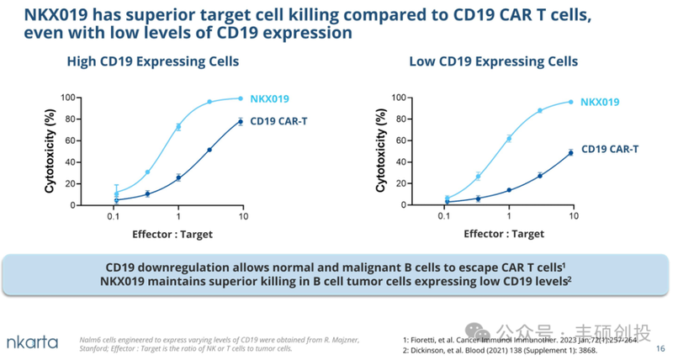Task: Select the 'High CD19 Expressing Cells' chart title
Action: (x=153, y=61)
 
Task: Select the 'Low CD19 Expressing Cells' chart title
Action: (x=493, y=61)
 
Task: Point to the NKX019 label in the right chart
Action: (x=599, y=102)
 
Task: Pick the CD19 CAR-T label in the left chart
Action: (x=278, y=121)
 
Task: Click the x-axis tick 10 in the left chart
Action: (x=242, y=217)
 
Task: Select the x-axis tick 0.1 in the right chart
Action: (x=443, y=217)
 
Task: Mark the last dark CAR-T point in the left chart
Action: (x=241, y=122)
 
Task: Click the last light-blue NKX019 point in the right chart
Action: (x=571, y=102)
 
